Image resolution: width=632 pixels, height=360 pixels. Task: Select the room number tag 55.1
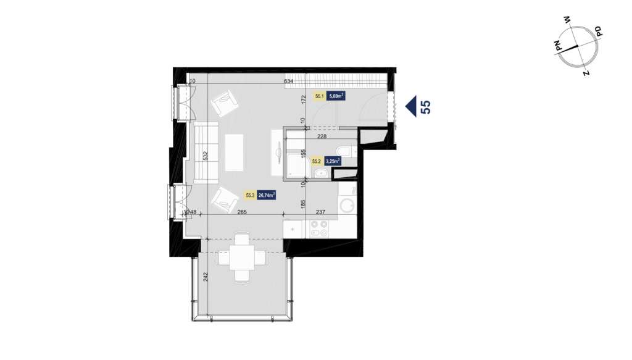point(320,96)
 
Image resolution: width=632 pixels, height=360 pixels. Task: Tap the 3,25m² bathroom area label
point(333,162)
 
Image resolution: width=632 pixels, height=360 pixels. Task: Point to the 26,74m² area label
point(267,196)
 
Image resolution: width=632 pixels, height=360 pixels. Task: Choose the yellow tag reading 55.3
point(251,196)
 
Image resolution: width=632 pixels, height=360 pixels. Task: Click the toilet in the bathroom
point(343,152)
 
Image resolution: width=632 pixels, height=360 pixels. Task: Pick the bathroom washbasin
point(321,175)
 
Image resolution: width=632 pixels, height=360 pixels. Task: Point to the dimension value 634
point(288,82)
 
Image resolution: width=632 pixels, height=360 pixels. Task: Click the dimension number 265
point(241,212)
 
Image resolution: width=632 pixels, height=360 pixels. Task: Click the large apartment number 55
point(425,107)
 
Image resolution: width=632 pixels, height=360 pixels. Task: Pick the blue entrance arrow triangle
point(410,107)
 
